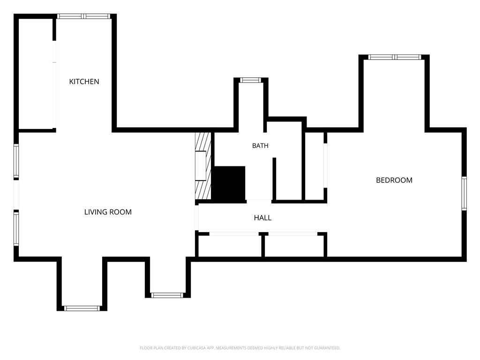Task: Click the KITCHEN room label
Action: (x=84, y=82)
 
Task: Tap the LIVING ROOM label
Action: (x=108, y=212)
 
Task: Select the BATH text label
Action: (x=260, y=146)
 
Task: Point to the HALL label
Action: (x=262, y=217)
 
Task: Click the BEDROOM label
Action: (x=394, y=180)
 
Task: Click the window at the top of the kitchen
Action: (x=83, y=16)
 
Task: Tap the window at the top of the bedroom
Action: (x=395, y=57)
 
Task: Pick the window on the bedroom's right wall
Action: (x=464, y=193)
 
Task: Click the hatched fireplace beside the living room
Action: (x=203, y=166)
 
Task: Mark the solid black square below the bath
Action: (x=229, y=184)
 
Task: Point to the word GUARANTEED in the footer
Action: (x=328, y=348)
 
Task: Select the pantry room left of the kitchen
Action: (x=36, y=74)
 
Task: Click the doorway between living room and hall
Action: (x=197, y=217)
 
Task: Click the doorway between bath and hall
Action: (x=259, y=201)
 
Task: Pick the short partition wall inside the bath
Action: (x=274, y=179)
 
